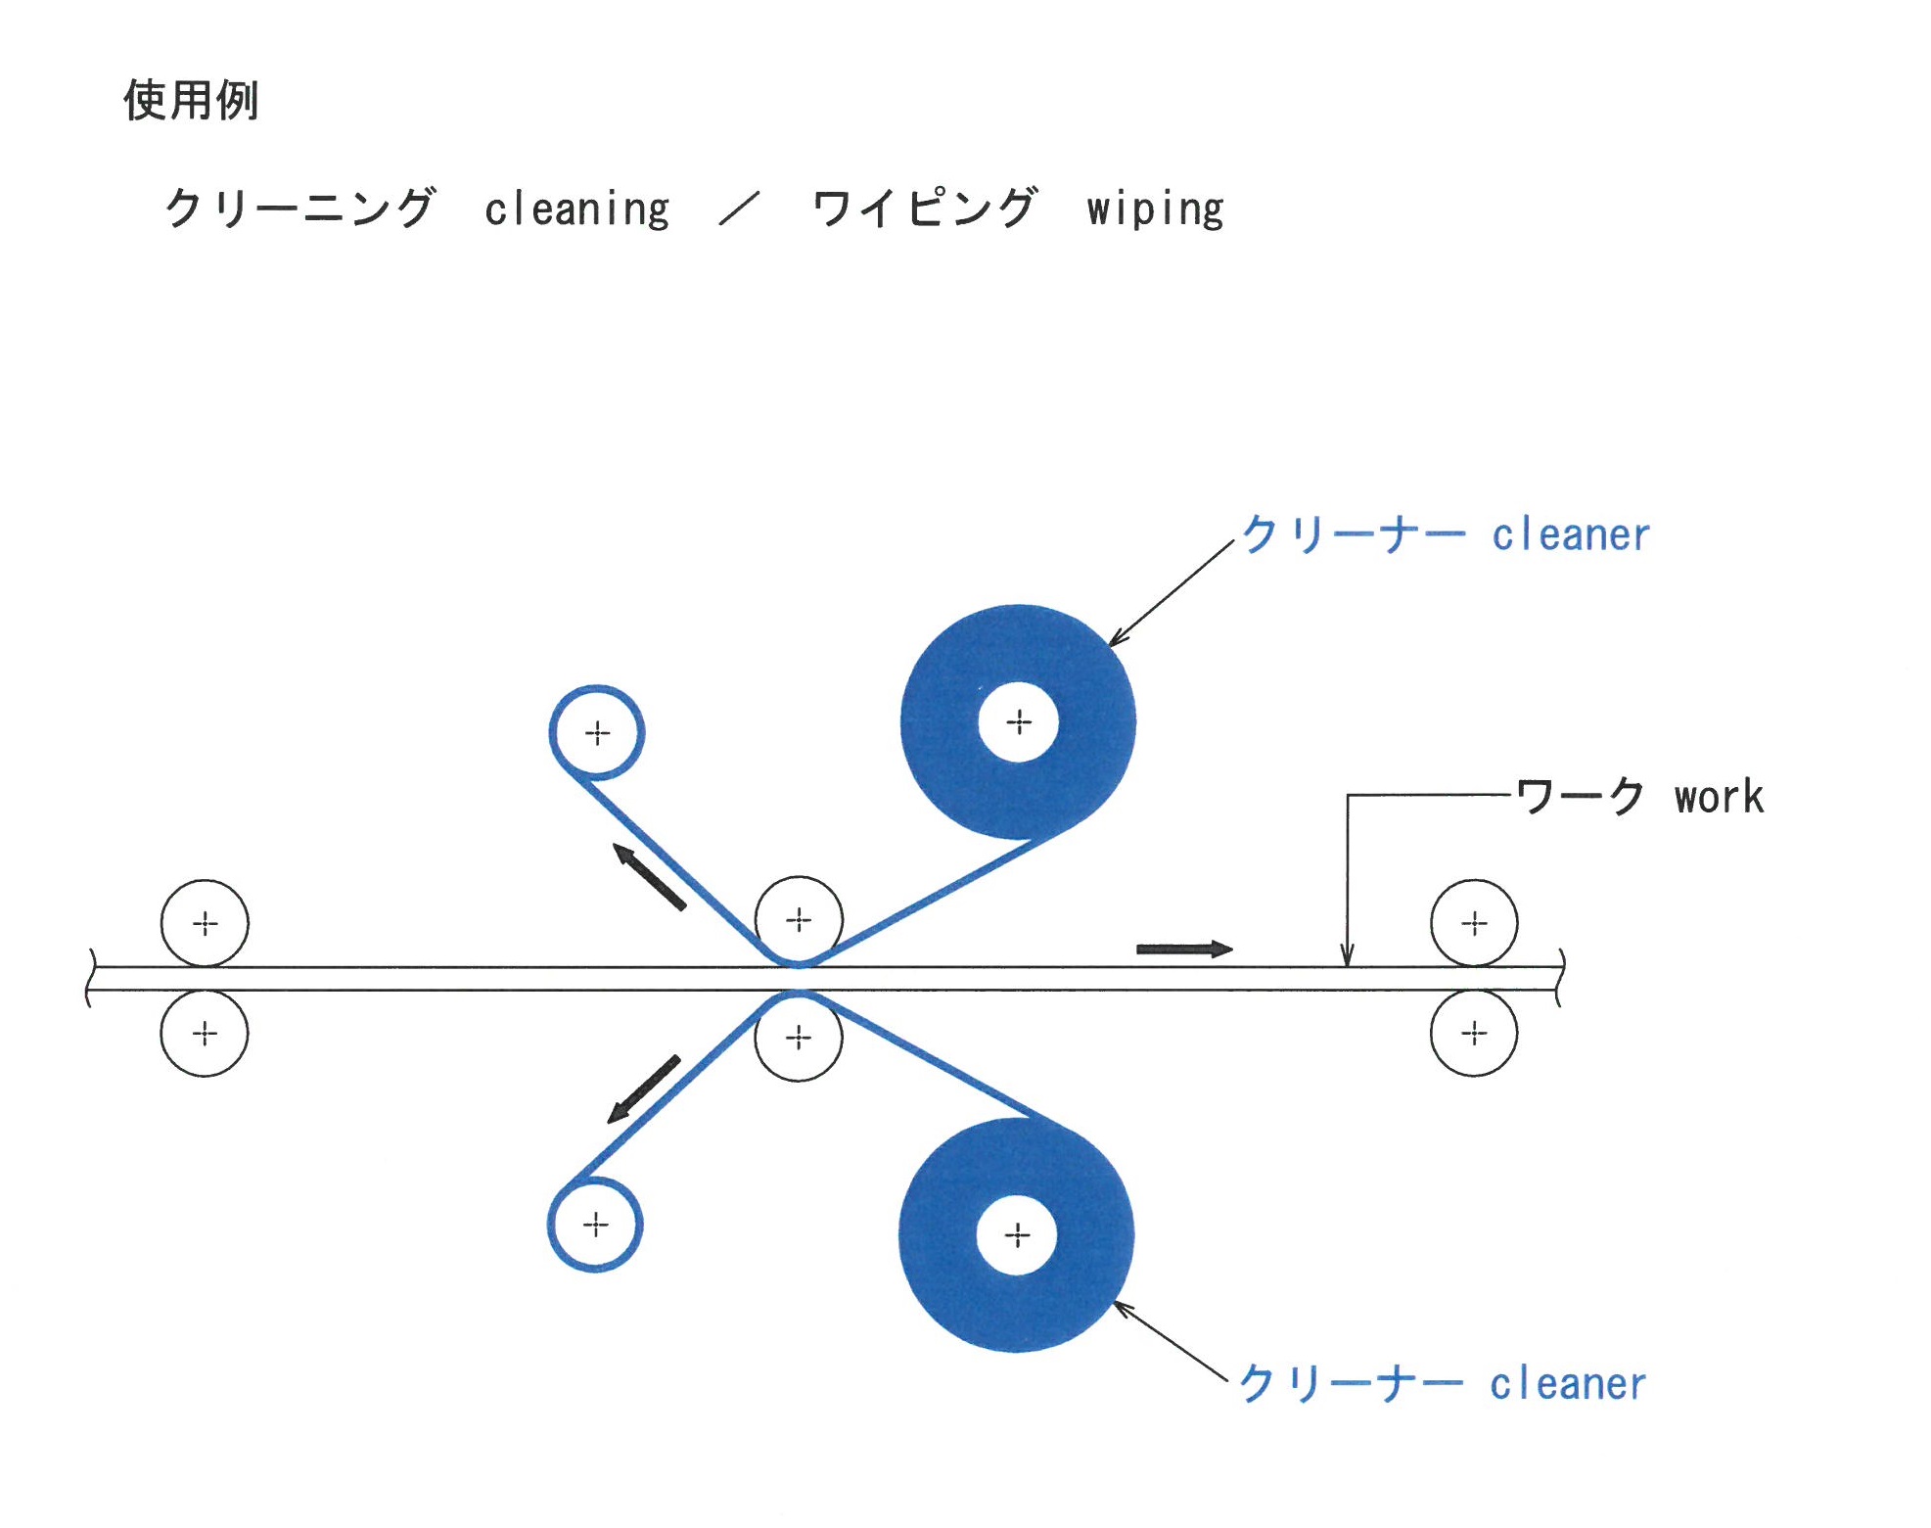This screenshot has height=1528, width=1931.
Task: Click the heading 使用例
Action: click(191, 100)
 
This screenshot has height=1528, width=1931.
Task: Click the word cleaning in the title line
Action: click(576, 209)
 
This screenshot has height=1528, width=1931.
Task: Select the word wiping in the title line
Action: click(1155, 209)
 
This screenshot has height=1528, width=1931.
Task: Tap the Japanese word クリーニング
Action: click(299, 208)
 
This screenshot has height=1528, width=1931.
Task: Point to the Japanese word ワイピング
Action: click(923, 208)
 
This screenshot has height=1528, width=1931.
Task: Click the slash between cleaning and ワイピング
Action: click(740, 208)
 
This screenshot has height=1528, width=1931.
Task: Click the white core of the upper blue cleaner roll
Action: click(1019, 722)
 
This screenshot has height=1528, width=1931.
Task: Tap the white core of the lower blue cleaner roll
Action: click(1017, 1235)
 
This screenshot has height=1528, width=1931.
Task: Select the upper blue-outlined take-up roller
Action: click(597, 732)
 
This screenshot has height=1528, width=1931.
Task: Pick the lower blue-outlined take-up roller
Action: click(595, 1225)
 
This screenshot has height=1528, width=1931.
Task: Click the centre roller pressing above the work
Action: click(799, 919)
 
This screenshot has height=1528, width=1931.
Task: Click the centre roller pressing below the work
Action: click(799, 1038)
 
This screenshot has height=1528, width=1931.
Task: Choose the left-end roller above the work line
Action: click(205, 923)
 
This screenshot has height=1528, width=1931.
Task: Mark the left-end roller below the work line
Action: click(205, 1034)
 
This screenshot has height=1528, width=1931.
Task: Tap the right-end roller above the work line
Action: click(1474, 923)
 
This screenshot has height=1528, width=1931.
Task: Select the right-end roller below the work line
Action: click(1474, 1034)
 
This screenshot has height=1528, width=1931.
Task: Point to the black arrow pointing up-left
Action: click(649, 876)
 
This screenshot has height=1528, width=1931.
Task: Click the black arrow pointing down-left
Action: click(644, 1088)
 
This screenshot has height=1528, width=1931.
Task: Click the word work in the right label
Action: click(1719, 798)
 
